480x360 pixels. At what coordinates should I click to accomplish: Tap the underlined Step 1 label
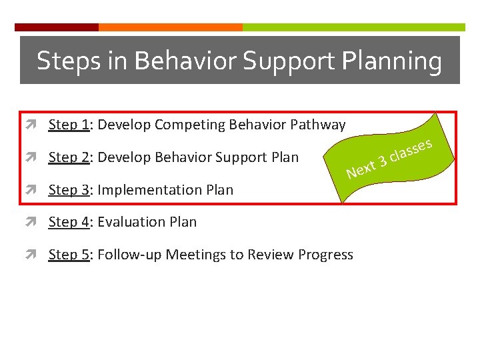69,125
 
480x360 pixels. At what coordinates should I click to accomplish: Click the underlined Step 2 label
69,157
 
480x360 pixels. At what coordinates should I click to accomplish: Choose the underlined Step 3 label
69,190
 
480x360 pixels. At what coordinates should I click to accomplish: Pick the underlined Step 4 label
69,222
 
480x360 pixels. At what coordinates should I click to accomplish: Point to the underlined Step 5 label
69,255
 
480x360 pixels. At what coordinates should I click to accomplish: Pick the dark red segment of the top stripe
57,27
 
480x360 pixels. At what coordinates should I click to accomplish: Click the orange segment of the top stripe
170,27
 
